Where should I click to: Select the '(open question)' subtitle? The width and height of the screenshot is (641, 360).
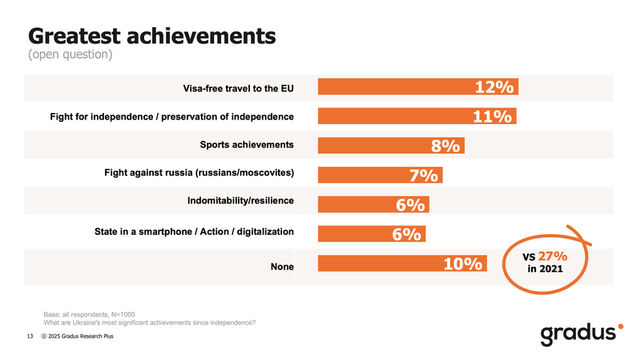(x=70, y=55)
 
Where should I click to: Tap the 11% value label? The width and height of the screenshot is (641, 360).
(x=493, y=117)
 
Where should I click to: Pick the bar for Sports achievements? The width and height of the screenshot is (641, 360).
(x=377, y=146)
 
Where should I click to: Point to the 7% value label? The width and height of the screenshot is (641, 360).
(x=422, y=176)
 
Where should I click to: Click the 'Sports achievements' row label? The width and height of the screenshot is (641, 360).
(x=246, y=145)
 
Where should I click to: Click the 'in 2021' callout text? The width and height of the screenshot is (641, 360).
(x=545, y=269)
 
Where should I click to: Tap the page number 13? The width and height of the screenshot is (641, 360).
(x=29, y=336)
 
